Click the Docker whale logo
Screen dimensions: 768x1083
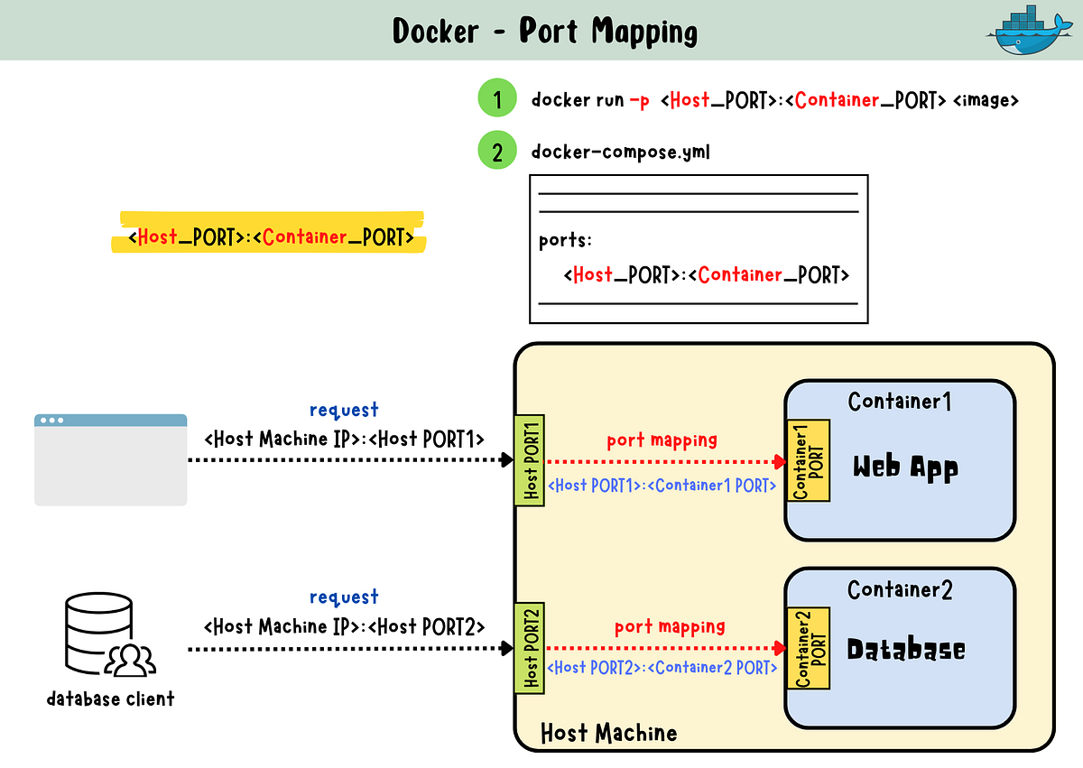tap(1031, 31)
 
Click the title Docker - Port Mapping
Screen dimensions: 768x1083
tap(544, 32)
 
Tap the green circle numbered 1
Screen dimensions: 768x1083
tap(497, 99)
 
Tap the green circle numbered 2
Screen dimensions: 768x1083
tap(497, 152)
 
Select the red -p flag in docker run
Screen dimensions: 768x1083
tap(638, 100)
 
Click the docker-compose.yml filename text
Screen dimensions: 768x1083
tap(620, 152)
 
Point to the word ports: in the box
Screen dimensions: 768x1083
tap(565, 241)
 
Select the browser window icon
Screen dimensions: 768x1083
tap(110, 459)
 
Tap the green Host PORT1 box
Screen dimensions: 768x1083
tap(530, 460)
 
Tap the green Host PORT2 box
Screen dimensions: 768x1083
tap(530, 648)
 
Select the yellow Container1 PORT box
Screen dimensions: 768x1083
tap(809, 460)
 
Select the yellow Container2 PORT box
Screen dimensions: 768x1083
tap(809, 648)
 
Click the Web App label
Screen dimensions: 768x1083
tap(905, 467)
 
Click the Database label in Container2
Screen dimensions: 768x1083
tap(905, 650)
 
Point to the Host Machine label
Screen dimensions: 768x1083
tap(608, 732)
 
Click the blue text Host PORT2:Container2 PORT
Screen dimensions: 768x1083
tap(662, 668)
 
